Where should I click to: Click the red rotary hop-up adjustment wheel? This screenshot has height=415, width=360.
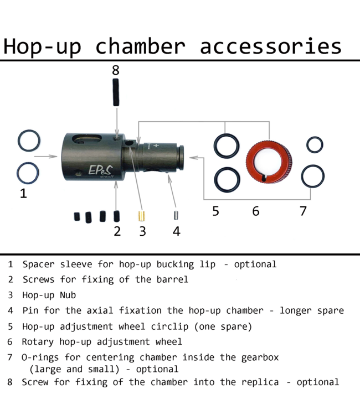point(269,162)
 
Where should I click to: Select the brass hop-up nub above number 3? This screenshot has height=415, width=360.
point(141,215)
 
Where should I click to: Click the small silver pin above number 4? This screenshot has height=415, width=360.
point(176,215)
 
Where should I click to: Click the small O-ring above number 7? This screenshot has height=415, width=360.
point(315,144)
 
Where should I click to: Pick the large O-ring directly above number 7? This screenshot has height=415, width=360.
point(312,177)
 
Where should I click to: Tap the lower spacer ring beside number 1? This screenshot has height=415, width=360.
point(28,173)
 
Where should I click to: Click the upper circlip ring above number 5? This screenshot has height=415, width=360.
point(226,146)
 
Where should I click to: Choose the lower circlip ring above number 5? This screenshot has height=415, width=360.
point(226,178)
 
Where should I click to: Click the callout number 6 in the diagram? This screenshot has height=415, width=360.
point(255,211)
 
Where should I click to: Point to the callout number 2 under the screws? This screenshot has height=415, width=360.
point(117,231)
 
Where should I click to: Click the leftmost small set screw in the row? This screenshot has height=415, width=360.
point(77,217)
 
